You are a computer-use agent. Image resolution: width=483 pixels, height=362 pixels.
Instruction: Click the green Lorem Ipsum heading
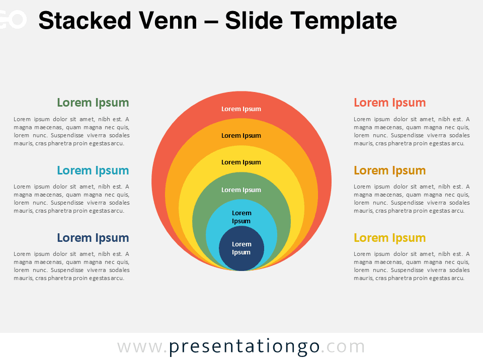coord(93,103)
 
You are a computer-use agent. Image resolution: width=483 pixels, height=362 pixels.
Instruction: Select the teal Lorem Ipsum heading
coord(93,170)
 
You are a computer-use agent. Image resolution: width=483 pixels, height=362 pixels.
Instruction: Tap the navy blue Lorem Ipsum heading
coord(93,238)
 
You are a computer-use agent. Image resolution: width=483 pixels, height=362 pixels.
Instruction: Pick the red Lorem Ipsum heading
coord(389,103)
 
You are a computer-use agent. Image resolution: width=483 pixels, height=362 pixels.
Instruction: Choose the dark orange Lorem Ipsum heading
coord(389,170)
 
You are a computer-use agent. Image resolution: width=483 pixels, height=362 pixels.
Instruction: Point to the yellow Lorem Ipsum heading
coord(389,238)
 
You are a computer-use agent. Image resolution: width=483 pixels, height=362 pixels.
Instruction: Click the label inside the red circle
coord(241,109)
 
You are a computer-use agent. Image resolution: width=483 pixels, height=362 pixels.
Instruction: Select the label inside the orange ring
coord(241,136)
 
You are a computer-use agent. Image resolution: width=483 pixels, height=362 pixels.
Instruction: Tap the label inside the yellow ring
coord(241,162)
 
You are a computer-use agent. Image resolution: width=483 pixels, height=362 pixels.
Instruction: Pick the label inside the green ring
coord(241,190)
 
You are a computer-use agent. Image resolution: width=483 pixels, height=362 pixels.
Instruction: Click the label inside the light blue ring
coord(241,217)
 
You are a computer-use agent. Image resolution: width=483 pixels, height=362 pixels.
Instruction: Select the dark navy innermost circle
coord(242,248)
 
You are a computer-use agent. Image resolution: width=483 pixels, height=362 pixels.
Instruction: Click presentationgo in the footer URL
coord(245,347)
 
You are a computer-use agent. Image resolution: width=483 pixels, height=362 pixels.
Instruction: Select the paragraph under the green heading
coord(71,131)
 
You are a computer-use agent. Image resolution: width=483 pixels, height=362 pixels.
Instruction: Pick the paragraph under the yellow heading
coord(412,266)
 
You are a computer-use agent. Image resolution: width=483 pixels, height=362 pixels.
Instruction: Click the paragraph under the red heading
coord(412,131)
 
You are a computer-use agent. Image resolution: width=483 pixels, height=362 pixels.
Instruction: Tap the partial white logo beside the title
coord(12,20)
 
